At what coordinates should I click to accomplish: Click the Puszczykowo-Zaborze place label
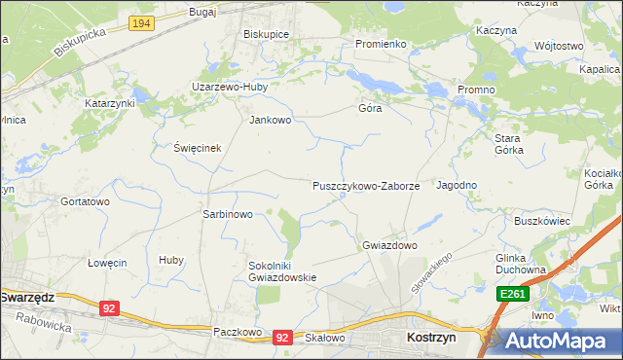click(365, 185)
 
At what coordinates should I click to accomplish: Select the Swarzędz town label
click(26, 297)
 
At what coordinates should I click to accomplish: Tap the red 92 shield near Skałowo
click(282, 337)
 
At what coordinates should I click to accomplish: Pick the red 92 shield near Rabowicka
click(109, 308)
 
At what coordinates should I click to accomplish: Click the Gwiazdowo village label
click(389, 245)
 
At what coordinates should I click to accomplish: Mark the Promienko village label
click(380, 44)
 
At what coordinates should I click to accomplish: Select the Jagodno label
click(457, 185)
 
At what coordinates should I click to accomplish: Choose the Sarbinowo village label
click(227, 214)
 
